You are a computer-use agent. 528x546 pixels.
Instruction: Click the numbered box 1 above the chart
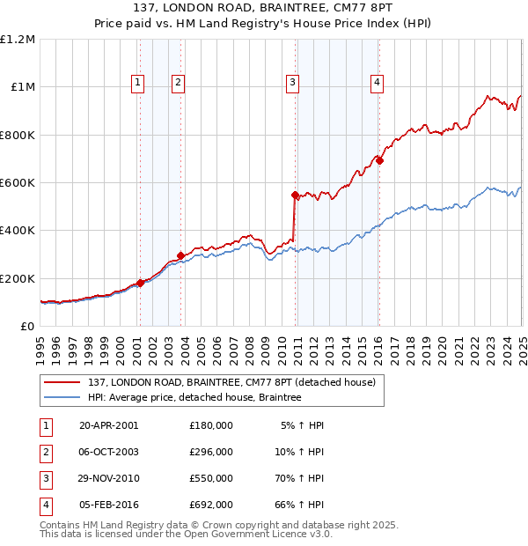point(139,83)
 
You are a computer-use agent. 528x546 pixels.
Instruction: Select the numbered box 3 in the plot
point(291,83)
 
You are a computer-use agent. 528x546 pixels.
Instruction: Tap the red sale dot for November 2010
point(295,195)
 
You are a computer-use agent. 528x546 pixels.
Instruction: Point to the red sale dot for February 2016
point(378,160)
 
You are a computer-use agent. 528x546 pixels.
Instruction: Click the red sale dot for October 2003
point(180,255)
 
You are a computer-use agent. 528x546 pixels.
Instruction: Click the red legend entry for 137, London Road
point(231,382)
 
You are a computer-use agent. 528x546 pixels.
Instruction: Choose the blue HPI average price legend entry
point(194,398)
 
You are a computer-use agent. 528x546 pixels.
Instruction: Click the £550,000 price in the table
point(210,478)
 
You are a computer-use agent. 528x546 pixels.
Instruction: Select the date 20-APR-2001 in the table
point(109,425)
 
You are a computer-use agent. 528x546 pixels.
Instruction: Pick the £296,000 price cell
point(210,452)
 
